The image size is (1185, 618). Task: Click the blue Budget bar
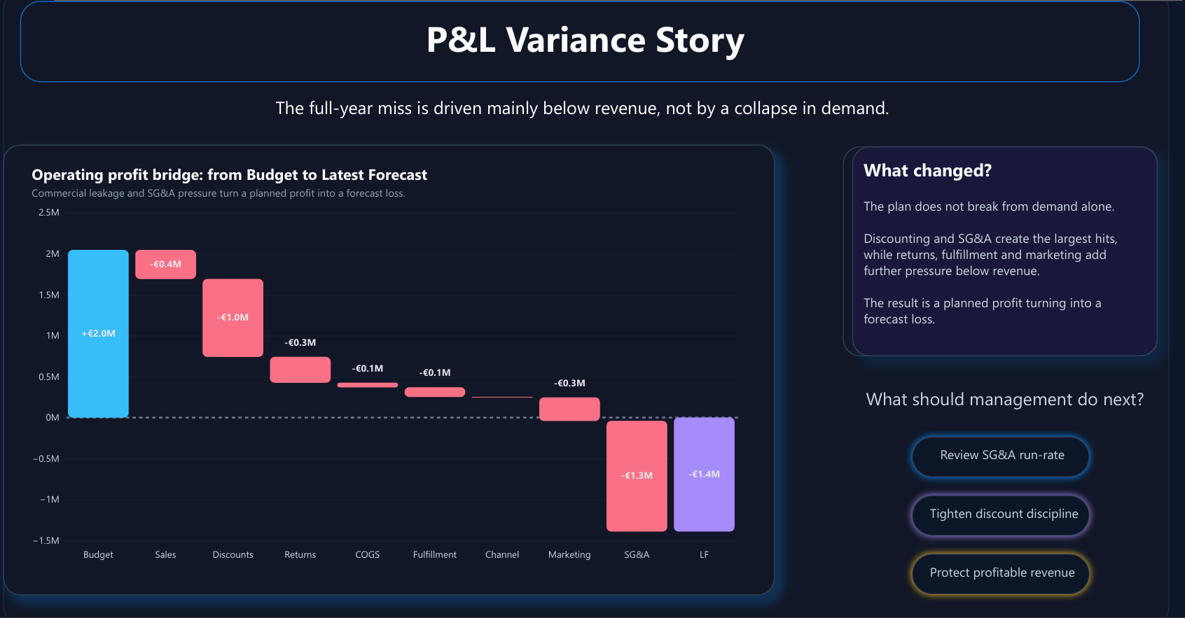pyautogui.click(x=98, y=333)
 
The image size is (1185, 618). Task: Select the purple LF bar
pyautogui.click(x=704, y=474)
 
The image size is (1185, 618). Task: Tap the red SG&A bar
pyautogui.click(x=637, y=475)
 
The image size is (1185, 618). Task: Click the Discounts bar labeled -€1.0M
pyautogui.click(x=233, y=318)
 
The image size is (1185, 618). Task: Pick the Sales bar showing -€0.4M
pyautogui.click(x=165, y=264)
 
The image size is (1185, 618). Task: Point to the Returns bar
pyautogui.click(x=300, y=370)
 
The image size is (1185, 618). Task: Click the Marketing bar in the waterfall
pyautogui.click(x=569, y=409)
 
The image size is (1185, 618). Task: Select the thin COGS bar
pyautogui.click(x=367, y=385)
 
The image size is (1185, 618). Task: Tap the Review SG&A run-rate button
pyautogui.click(x=1002, y=456)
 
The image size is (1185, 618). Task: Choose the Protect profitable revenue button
pyautogui.click(x=1002, y=573)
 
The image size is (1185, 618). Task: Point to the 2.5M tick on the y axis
pyautogui.click(x=49, y=212)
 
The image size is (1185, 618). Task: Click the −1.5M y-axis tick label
pyautogui.click(x=46, y=540)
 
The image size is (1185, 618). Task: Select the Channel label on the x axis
pyautogui.click(x=501, y=554)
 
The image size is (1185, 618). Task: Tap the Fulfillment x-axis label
pyautogui.click(x=434, y=554)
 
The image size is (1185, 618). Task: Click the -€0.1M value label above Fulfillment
pyautogui.click(x=434, y=372)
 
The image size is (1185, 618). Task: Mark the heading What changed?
pyautogui.click(x=927, y=171)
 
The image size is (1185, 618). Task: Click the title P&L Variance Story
pyautogui.click(x=585, y=40)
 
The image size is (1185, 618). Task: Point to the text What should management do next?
pyautogui.click(x=1004, y=400)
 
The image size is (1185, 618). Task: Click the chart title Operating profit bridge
pyautogui.click(x=229, y=175)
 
